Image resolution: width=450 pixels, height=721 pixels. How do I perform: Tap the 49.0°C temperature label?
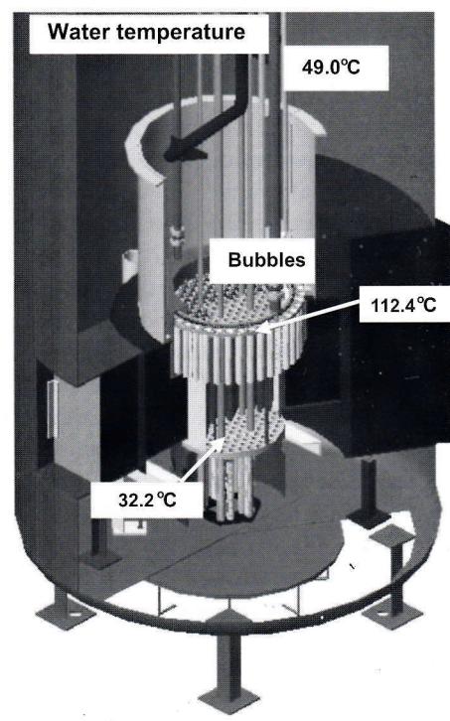[x=331, y=68]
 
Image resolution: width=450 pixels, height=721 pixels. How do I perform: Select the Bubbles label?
[x=266, y=260]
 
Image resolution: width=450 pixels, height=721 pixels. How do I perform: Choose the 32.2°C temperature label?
[x=147, y=500]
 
